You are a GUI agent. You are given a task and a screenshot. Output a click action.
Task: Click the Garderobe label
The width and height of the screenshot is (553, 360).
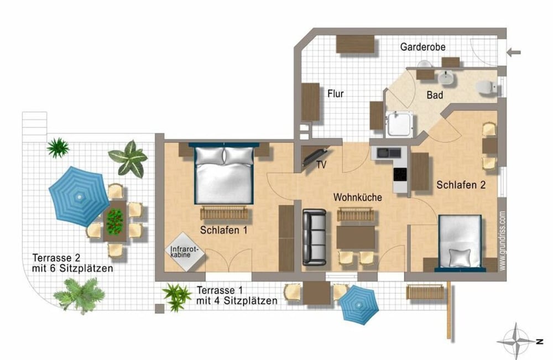422,47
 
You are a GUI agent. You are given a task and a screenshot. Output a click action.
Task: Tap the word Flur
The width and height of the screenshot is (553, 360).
336,94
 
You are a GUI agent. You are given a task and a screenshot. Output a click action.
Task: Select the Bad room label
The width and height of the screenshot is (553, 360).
435,95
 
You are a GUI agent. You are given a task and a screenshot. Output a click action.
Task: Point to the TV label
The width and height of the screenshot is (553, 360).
321,165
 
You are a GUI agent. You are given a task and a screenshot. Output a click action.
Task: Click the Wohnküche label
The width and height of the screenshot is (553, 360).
358,197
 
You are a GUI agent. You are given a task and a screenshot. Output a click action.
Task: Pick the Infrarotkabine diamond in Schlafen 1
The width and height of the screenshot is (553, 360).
185,252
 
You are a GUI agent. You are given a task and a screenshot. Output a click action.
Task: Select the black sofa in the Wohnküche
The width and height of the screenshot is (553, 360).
314,237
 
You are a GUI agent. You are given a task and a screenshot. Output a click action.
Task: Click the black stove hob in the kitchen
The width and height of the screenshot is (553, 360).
400,174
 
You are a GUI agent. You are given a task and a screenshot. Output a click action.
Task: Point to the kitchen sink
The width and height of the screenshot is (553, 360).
389,153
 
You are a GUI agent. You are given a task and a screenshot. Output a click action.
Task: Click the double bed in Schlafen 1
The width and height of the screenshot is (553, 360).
225,174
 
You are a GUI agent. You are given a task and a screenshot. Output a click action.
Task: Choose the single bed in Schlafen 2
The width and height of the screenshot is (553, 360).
460,243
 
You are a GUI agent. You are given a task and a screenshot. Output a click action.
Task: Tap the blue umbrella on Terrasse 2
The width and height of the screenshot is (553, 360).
79,196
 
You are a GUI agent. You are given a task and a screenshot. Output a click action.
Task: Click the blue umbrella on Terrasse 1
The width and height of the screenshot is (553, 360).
359,305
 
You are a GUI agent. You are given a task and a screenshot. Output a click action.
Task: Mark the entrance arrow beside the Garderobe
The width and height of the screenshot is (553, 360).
514,53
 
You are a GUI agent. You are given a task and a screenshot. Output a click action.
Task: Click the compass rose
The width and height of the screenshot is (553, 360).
517,341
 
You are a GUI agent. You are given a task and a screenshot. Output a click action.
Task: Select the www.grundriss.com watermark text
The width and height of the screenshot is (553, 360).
502,241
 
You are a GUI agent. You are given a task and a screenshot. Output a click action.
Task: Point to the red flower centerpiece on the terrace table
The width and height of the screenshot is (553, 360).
114,221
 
